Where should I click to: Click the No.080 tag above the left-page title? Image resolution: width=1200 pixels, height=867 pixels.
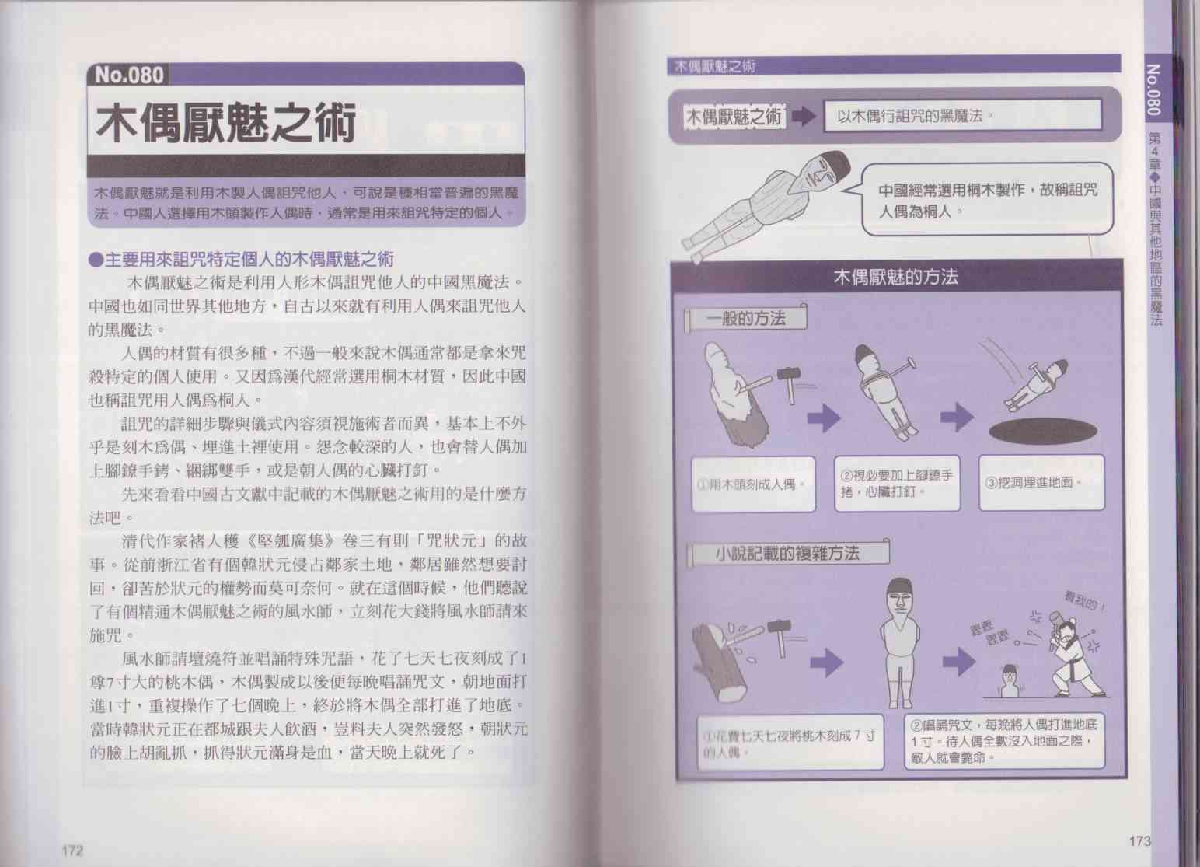coord(128,75)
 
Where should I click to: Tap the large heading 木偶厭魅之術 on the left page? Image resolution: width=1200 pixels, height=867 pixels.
coord(226,124)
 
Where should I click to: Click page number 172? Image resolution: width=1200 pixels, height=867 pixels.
coord(72,851)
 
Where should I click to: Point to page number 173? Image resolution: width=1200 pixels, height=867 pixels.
coord(1139,841)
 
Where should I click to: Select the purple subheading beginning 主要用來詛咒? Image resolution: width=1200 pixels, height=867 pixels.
coord(242,260)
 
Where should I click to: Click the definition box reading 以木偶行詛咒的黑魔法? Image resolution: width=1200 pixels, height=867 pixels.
coord(962,115)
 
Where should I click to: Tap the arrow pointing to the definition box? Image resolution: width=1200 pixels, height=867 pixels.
coord(804,117)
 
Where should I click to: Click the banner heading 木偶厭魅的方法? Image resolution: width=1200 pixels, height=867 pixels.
coord(895,277)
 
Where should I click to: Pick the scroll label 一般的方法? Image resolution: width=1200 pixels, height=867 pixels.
coord(745,319)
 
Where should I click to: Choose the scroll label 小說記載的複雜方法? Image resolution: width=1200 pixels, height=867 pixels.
coord(787,553)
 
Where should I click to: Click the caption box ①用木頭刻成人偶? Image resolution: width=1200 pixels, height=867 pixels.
coord(754,484)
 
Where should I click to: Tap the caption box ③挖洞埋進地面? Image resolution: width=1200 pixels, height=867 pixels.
coord(1041,482)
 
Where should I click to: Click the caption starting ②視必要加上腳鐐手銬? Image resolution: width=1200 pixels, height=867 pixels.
coord(898,484)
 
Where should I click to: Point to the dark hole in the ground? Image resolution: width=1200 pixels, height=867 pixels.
coord(1042,431)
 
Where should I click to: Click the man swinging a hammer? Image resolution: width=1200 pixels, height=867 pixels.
coord(1072,655)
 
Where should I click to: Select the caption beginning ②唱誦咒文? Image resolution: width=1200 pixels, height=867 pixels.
coord(1004,741)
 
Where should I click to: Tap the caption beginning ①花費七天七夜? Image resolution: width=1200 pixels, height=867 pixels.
coord(790,742)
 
